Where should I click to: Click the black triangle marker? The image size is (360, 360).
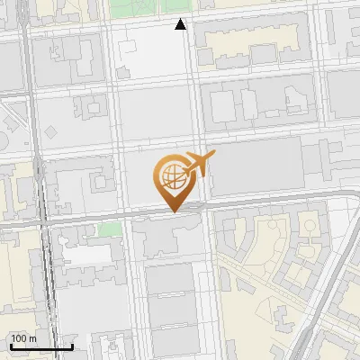tap(181, 25)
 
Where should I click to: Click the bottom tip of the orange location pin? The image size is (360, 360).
tap(174, 211)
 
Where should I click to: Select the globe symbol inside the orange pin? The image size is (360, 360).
tap(173, 174)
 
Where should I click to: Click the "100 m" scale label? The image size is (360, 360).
tap(23, 338)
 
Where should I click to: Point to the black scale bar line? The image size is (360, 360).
tap(40, 346)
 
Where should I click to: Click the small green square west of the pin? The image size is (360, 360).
tap(108, 229)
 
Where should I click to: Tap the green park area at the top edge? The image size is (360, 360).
tap(148, 8)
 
